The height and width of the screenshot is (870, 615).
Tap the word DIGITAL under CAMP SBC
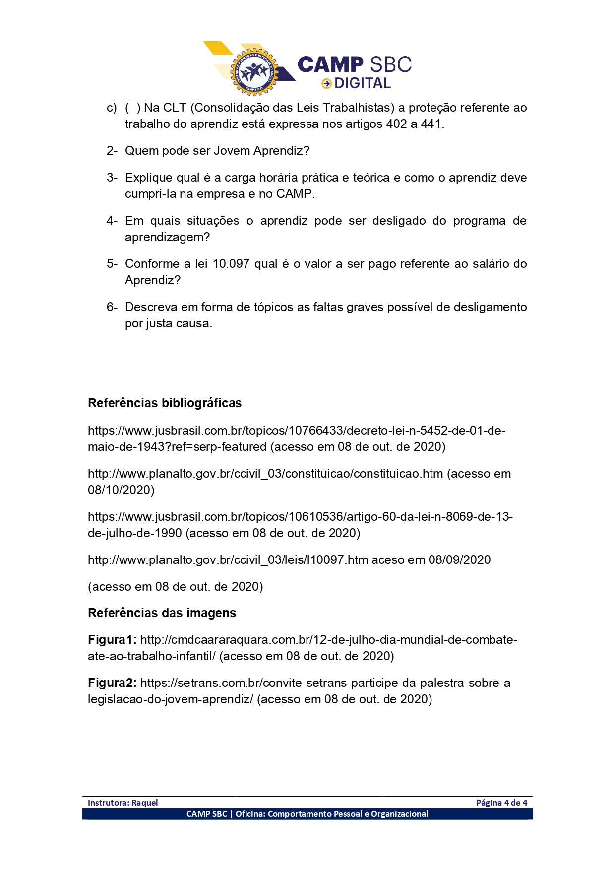pos(363,84)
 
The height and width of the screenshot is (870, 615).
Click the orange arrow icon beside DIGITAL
pos(326,84)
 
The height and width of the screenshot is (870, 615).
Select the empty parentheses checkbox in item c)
pos(132,108)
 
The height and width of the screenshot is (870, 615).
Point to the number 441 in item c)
pos(431,124)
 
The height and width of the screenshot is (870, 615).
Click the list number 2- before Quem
pos(112,151)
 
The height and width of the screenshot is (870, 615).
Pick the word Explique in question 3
pos(148,178)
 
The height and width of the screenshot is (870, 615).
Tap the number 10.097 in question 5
pos(231,264)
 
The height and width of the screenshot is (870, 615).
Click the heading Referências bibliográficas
pos(165,403)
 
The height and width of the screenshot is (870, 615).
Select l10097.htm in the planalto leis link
pos(338,560)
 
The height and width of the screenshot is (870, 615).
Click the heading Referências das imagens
pos(162,613)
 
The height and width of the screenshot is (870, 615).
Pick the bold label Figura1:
pos(112,640)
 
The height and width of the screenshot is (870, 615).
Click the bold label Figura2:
pos(112,683)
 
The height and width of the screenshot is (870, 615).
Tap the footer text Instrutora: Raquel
pos(123,803)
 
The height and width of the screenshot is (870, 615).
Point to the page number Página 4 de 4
pos(501,803)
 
